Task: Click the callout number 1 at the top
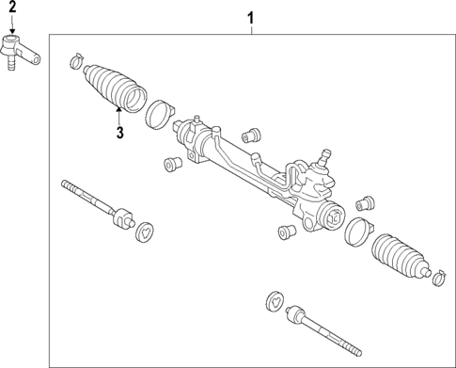point(251,17)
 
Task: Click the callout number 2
point(12,8)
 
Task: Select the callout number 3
point(120,132)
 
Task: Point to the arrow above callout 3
point(119,115)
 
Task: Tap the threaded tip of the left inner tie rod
point(70,185)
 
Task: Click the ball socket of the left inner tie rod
point(121,217)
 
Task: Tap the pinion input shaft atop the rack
point(327,153)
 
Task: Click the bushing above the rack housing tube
point(252,133)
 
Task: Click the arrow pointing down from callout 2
point(12,24)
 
